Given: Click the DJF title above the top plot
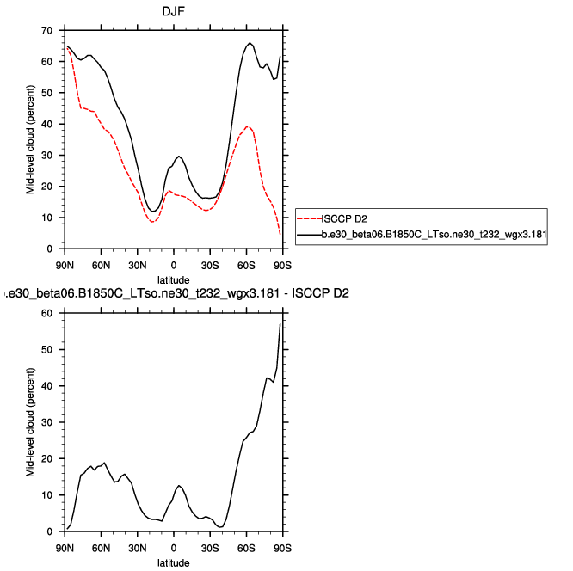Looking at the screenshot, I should click(174, 12).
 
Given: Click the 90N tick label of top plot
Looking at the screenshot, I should click(65, 264).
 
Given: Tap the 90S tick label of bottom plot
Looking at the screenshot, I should click(282, 547).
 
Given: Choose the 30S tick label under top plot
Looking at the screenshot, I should click(210, 264).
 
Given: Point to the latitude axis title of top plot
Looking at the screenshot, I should click(174, 280).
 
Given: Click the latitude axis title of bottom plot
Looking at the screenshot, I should click(174, 563).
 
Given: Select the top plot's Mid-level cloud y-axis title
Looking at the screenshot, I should click(30, 139).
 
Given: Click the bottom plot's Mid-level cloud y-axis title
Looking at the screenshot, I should click(30, 422).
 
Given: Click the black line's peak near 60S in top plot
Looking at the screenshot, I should click(250, 43).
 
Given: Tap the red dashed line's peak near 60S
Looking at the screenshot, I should click(248, 126).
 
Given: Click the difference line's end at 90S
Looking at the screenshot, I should click(281, 323).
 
